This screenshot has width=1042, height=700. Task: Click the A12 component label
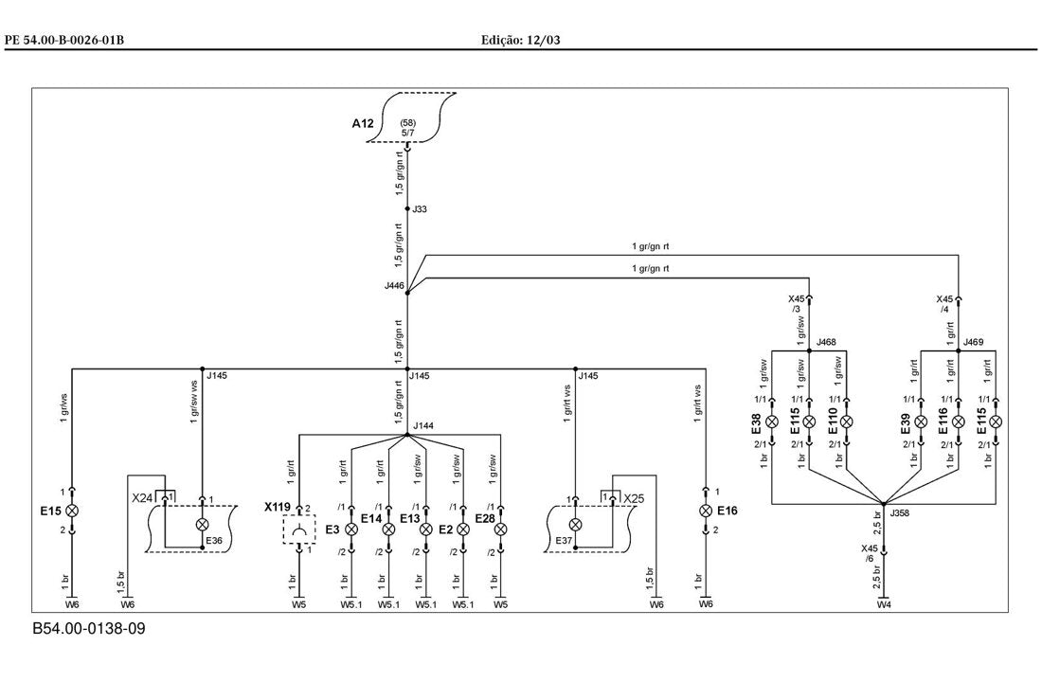tap(363, 123)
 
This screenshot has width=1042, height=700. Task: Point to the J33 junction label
tap(420, 209)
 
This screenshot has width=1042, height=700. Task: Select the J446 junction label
tap(394, 286)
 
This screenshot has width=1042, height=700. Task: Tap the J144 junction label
tap(423, 425)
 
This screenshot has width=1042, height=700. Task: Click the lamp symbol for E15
tap(72, 511)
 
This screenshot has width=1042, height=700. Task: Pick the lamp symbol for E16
tap(706, 511)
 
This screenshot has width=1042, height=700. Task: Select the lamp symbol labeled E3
tap(350, 529)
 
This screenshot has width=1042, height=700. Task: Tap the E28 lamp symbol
tap(501, 529)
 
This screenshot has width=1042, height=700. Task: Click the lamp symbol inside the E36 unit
tap(202, 524)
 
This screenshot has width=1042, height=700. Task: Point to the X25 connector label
tap(634, 498)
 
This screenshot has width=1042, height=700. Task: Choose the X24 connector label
tap(142, 498)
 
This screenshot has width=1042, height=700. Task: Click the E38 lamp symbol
tap(772, 422)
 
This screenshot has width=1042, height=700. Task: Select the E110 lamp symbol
tap(847, 422)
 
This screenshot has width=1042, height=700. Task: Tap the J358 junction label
tap(899, 513)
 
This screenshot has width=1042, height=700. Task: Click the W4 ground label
tap(883, 605)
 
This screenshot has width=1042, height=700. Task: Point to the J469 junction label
tap(974, 342)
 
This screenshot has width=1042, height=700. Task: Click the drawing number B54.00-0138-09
tap(89, 629)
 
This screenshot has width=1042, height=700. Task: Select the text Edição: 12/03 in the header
tap(521, 41)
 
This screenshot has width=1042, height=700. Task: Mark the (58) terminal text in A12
tap(408, 123)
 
